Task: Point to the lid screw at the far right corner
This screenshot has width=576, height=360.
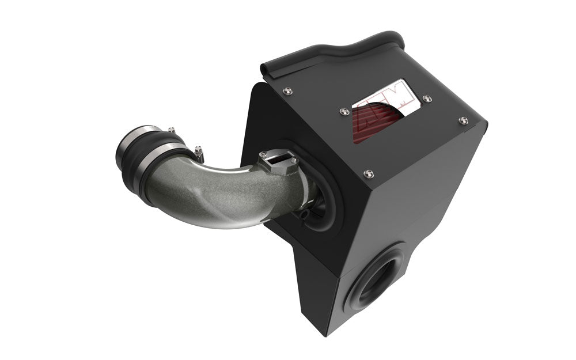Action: [463, 120]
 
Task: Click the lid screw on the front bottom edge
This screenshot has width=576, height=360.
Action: [368, 172]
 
